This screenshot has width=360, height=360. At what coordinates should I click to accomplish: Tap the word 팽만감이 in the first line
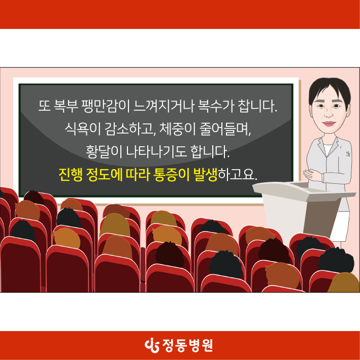(x=106, y=106)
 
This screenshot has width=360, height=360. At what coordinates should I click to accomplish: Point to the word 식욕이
(x=83, y=129)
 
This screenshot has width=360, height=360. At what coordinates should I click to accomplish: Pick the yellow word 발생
(x=206, y=175)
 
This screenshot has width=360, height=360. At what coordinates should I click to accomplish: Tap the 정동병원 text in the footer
(x=187, y=345)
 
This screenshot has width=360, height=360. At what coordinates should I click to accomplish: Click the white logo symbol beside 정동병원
(x=152, y=345)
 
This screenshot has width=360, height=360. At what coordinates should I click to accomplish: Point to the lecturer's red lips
(x=329, y=123)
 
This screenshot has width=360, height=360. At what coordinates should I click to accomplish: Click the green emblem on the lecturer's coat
(x=348, y=153)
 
